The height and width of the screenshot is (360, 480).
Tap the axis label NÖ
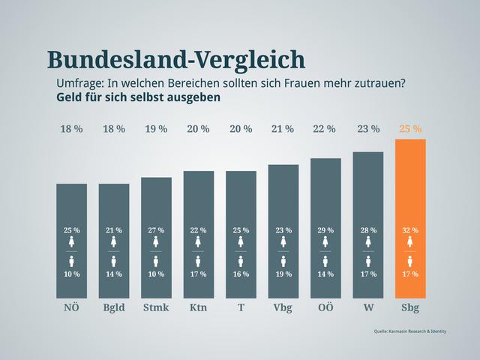coord(71,307)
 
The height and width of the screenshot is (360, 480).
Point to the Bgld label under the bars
coord(114,307)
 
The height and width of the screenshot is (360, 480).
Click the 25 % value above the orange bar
coord(410,129)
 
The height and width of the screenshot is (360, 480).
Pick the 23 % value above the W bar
coord(368,129)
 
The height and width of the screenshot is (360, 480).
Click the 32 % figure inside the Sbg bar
coord(410,229)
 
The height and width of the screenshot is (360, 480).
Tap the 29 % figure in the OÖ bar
coord(325,229)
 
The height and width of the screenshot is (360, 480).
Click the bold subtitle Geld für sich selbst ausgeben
coord(139,97)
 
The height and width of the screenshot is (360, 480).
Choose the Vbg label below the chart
coord(283,307)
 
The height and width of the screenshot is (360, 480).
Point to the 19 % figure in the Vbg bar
coord(283,274)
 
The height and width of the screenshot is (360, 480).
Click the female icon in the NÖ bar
coord(72,242)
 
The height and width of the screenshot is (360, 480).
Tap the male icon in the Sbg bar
coord(410,261)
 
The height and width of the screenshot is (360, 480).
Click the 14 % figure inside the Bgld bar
coord(114,274)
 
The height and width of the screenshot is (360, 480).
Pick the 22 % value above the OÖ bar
coord(325,129)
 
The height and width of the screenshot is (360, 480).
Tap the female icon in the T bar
coord(241,242)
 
